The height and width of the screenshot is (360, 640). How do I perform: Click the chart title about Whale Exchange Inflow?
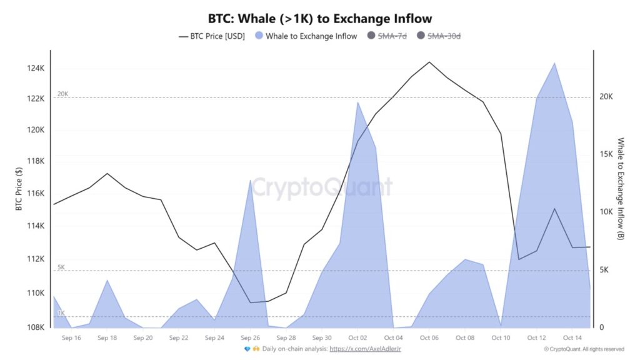(x=319, y=19)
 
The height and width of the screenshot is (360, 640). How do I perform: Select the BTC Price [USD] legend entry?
(x=213, y=36)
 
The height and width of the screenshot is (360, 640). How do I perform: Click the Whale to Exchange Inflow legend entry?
(x=306, y=36)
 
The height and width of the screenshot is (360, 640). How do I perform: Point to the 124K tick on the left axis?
(x=35, y=67)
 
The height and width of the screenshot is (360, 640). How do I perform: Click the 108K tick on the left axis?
(x=35, y=327)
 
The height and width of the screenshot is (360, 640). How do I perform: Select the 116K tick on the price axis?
(x=35, y=194)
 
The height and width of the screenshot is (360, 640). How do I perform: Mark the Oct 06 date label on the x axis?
(x=429, y=337)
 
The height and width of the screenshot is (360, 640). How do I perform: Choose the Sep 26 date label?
(x=250, y=337)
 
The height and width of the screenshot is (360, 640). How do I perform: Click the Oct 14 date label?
(x=572, y=337)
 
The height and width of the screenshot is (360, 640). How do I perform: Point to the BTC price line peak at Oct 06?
(x=429, y=62)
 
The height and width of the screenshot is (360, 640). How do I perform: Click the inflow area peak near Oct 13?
(x=554, y=63)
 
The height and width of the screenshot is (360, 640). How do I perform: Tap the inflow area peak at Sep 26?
(x=251, y=180)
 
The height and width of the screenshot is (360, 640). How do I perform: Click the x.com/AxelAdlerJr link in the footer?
(x=365, y=349)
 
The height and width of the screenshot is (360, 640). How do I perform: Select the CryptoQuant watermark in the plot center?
(x=321, y=187)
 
